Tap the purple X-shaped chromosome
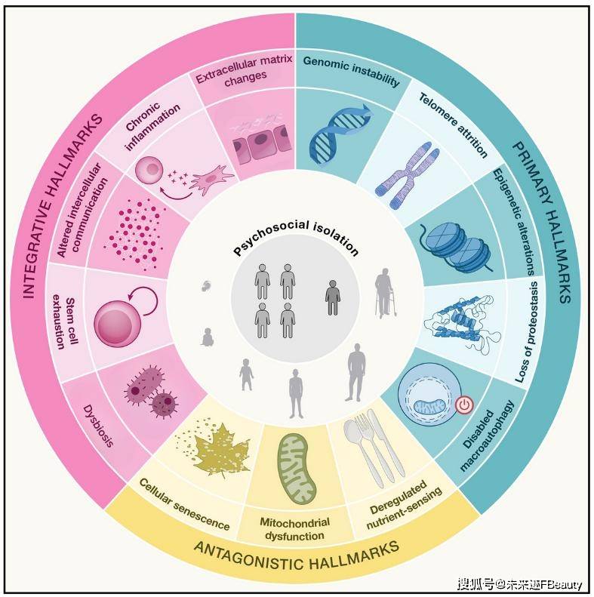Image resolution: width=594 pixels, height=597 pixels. (408, 175)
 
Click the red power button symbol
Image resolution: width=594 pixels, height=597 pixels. (463, 405)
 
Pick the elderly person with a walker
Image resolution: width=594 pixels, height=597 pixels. (386, 293)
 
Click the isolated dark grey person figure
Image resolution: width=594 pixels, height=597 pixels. (333, 298)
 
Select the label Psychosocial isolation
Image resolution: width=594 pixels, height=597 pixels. (296, 238)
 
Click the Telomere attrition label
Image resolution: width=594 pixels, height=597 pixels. (453, 124)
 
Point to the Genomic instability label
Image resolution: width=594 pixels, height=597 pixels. (352, 70)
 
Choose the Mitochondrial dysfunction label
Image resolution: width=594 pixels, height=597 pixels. (294, 528)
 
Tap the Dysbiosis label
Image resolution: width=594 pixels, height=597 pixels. (98, 426)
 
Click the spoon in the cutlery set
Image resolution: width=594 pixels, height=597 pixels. (360, 451)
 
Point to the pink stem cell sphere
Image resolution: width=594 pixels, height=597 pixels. (117, 323)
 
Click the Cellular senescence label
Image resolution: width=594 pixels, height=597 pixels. (184, 504)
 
